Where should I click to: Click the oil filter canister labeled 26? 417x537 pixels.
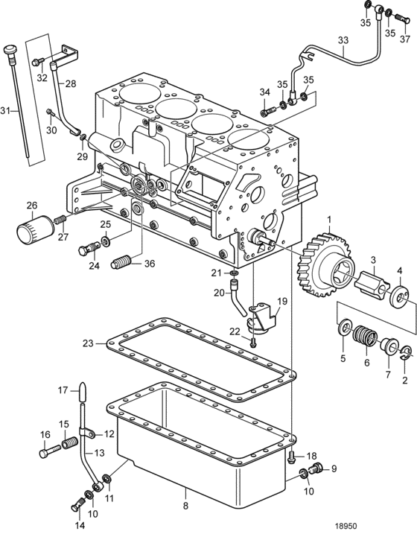[x=35, y=229]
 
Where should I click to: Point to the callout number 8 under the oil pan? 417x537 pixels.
[x=185, y=506]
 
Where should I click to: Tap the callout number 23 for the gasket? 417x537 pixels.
[x=88, y=343]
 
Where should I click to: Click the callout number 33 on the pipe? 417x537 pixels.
[x=343, y=40]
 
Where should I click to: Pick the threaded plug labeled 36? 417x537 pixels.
[x=121, y=263]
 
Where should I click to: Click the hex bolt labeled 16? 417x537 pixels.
[x=50, y=451]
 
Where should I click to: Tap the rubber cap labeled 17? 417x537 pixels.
[x=83, y=392]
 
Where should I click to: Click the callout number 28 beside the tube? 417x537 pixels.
[x=71, y=83]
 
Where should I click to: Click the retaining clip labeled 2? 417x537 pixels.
[x=404, y=353]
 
